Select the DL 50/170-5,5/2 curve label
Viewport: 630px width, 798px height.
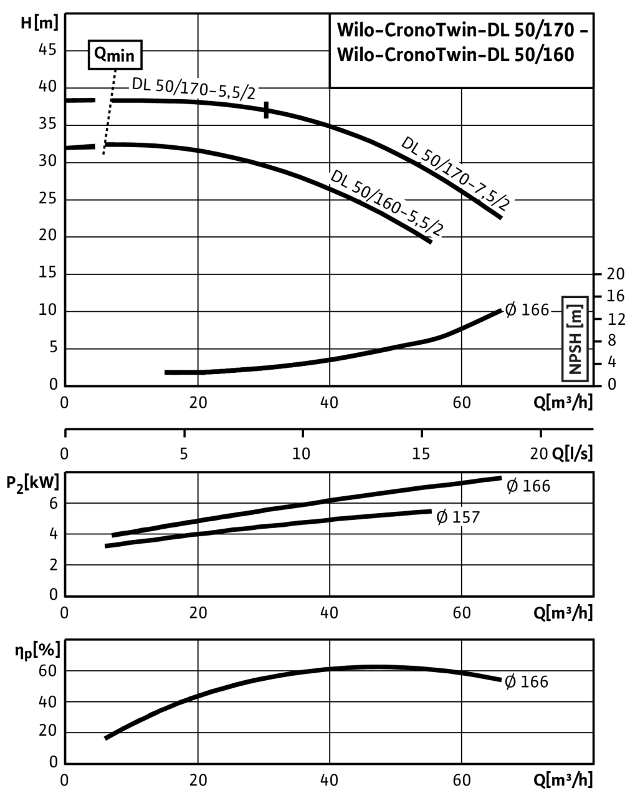point(193,88)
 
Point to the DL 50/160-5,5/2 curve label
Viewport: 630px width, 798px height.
point(387,203)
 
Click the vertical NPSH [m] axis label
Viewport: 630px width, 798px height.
point(575,339)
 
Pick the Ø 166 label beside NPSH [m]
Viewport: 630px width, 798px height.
point(527,310)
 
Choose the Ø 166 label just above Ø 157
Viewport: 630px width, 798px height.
point(528,486)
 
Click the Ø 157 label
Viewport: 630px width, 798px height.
point(458,517)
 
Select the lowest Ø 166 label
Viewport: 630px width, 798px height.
point(527,681)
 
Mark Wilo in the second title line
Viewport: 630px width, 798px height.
point(354,55)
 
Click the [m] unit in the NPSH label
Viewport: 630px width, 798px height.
point(575,312)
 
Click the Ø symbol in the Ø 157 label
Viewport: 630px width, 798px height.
point(442,517)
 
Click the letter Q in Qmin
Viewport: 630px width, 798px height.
point(100,55)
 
